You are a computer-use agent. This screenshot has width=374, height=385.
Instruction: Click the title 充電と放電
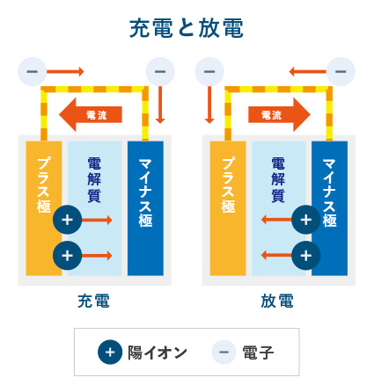click(187, 28)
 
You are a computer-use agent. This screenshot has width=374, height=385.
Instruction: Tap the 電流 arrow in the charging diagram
click(91, 114)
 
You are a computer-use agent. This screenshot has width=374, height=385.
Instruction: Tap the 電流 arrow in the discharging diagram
click(279, 114)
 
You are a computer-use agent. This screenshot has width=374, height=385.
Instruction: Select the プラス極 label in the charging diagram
click(44, 185)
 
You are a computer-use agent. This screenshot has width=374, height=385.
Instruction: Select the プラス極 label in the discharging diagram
click(228, 185)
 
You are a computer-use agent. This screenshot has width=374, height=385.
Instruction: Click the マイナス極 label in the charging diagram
click(145, 192)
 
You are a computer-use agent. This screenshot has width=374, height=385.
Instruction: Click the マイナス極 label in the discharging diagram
click(329, 192)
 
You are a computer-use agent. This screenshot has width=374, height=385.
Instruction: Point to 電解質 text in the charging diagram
click(94, 180)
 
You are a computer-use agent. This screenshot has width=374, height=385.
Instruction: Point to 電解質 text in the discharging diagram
click(278, 180)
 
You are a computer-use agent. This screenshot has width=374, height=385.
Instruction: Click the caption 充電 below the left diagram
click(93, 301)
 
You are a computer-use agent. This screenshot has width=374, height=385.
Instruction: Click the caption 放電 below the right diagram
click(277, 301)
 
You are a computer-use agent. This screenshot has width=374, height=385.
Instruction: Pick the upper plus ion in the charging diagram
click(68, 220)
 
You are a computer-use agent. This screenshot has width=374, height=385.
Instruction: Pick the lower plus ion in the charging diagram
click(68, 256)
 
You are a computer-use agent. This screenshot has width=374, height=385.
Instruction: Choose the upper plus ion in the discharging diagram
click(306, 220)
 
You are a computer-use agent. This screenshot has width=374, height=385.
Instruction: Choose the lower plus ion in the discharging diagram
click(306, 256)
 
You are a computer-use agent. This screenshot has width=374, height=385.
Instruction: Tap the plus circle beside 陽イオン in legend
click(110, 352)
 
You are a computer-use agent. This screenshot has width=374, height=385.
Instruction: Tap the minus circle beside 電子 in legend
click(224, 352)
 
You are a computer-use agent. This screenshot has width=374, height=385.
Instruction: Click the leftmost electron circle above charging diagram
click(33, 71)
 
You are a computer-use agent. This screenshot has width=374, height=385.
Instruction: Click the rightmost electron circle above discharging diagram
click(341, 71)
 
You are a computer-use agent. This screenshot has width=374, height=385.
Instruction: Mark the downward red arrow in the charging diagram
click(160, 105)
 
